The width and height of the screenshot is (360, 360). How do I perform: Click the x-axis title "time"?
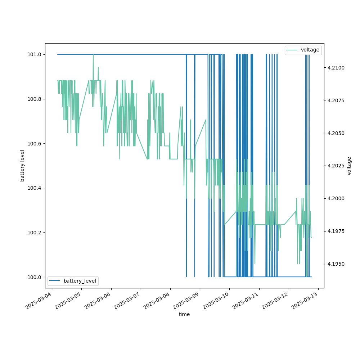[x=184, y=314]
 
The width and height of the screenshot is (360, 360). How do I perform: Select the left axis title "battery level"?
[x=22, y=166]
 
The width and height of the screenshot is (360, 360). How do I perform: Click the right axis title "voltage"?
[x=349, y=166]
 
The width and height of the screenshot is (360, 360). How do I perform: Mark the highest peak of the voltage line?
[x=93, y=55]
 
